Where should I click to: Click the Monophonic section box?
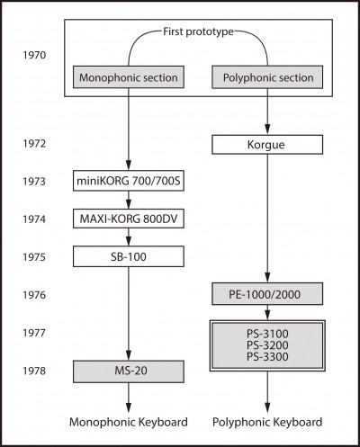point(129,77)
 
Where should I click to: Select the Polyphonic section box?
point(267,77)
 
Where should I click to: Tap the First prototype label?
point(198,31)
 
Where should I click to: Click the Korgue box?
point(267,145)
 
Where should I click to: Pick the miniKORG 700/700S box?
point(129,181)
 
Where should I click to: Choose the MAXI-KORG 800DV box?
point(129,219)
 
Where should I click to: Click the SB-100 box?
point(129,256)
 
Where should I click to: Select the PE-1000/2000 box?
point(267,294)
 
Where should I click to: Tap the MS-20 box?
point(129,371)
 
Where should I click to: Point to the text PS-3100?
point(267,334)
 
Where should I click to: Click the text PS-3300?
point(267,357)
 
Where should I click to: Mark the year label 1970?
point(34,55)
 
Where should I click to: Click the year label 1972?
point(34,144)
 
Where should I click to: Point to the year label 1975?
point(34,257)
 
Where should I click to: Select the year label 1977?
point(34,333)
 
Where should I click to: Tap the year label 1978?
point(34,371)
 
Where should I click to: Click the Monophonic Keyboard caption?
point(129,422)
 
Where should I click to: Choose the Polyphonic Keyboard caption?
point(267,422)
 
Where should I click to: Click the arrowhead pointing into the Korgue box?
point(267,130)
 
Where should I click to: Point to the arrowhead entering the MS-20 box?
point(129,355)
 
